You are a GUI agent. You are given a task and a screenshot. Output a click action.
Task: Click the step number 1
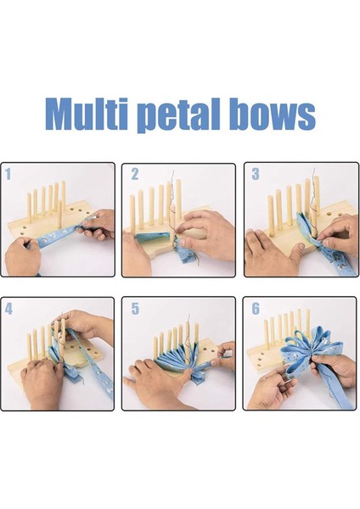(x=8, y=174)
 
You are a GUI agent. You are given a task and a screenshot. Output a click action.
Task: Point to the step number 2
(x=134, y=174)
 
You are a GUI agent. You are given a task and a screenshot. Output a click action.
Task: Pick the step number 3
(x=256, y=174)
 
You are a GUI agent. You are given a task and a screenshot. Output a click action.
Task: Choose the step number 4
(x=8, y=308)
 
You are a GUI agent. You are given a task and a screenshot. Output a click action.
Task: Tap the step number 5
(x=135, y=309)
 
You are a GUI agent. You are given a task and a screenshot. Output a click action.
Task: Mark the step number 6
(x=256, y=309)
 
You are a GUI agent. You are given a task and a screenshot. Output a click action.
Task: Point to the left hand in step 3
(x=273, y=252)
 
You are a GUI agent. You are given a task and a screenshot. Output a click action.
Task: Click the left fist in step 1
(x=22, y=256)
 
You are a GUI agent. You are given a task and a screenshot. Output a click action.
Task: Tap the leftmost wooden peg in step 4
(x=30, y=347)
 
